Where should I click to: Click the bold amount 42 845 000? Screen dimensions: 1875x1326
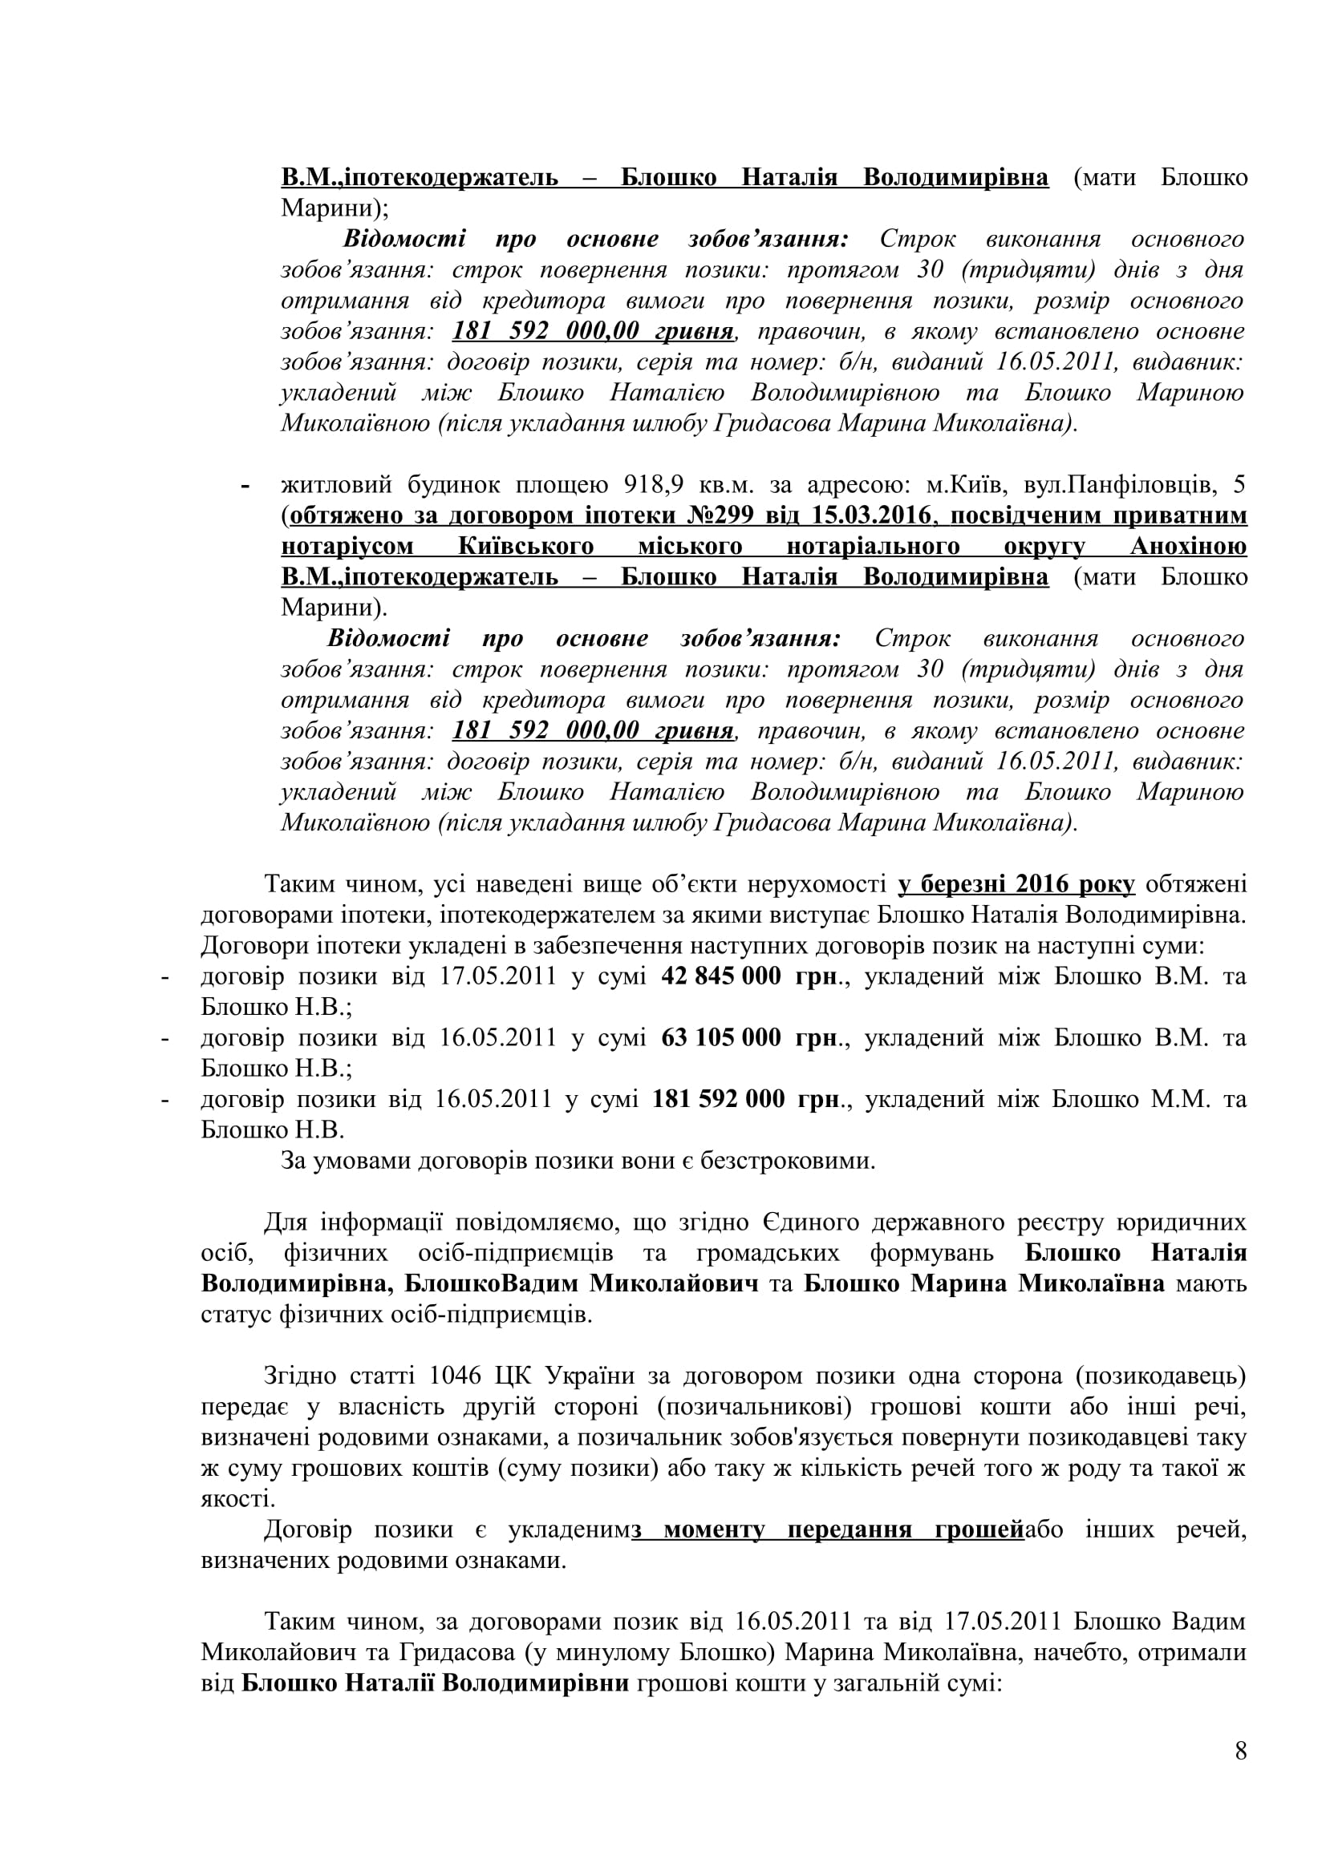pyautogui.click(x=720, y=976)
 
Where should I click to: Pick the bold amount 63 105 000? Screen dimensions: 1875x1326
pyautogui.click(x=720, y=1038)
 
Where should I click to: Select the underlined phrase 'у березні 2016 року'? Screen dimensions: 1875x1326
pyautogui.click(x=1016, y=884)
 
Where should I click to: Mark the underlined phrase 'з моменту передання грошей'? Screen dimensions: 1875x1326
pyautogui.click(x=828, y=1529)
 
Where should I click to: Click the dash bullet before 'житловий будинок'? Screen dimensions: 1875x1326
pyautogui.click(x=245, y=486)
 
